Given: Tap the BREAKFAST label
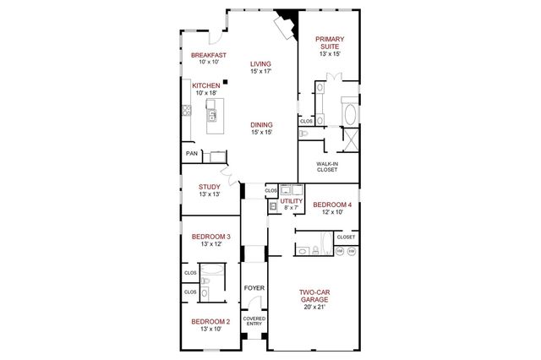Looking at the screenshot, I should coord(208,55).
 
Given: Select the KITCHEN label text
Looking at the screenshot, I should coord(206,85).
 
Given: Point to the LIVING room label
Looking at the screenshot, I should coord(260,64).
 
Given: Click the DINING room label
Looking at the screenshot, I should coord(260,124).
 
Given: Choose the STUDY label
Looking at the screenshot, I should coord(210,187).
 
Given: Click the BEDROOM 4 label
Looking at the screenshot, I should coord(331,205).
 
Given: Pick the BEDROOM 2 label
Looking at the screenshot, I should coord(210,321).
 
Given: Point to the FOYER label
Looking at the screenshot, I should coord(254,288).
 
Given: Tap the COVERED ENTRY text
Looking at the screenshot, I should coord(254,321).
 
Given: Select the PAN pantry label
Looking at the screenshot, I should coord(192,154).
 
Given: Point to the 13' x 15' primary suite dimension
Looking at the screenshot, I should coord(329,53).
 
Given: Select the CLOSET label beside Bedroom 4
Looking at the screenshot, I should coord(346,237).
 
